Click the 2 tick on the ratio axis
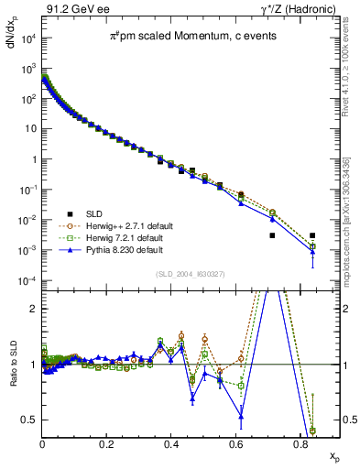pos(35,309)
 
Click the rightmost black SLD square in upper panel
pos(312,235)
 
